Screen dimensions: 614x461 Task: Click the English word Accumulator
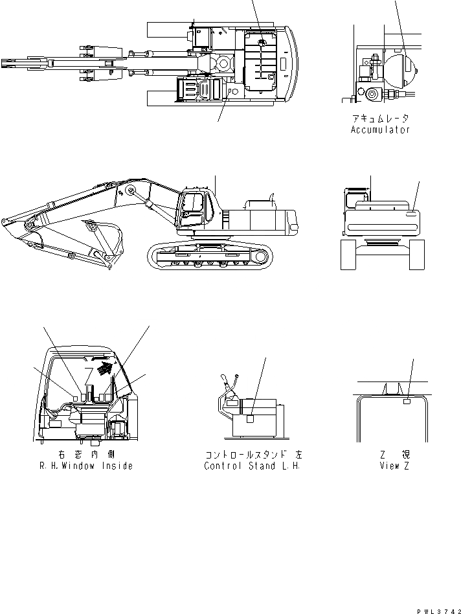pos(381,130)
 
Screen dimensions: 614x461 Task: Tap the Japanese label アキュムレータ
pos(381,119)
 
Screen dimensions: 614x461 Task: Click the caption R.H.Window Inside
pos(86,466)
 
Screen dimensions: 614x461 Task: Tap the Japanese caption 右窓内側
pos(86,455)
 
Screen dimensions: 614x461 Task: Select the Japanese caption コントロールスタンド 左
pos(253,455)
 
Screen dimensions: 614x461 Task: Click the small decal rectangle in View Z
pos(407,402)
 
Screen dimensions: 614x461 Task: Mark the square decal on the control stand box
pos(251,419)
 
